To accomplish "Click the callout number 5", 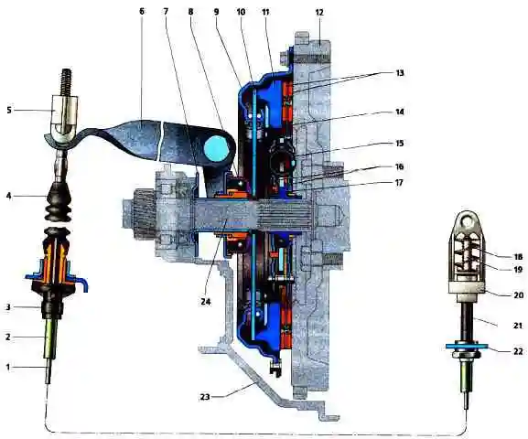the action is coord(9,110).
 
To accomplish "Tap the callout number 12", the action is coord(319,13).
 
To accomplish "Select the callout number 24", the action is coord(206,302).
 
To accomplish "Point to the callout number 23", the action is coord(205,397).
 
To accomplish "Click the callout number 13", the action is coord(400,73).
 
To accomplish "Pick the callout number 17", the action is coord(399,183).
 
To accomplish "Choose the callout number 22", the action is coord(518,351).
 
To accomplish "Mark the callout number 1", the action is coord(8,367).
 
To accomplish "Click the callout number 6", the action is coord(142,11).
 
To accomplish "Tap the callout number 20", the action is coord(518,294).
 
